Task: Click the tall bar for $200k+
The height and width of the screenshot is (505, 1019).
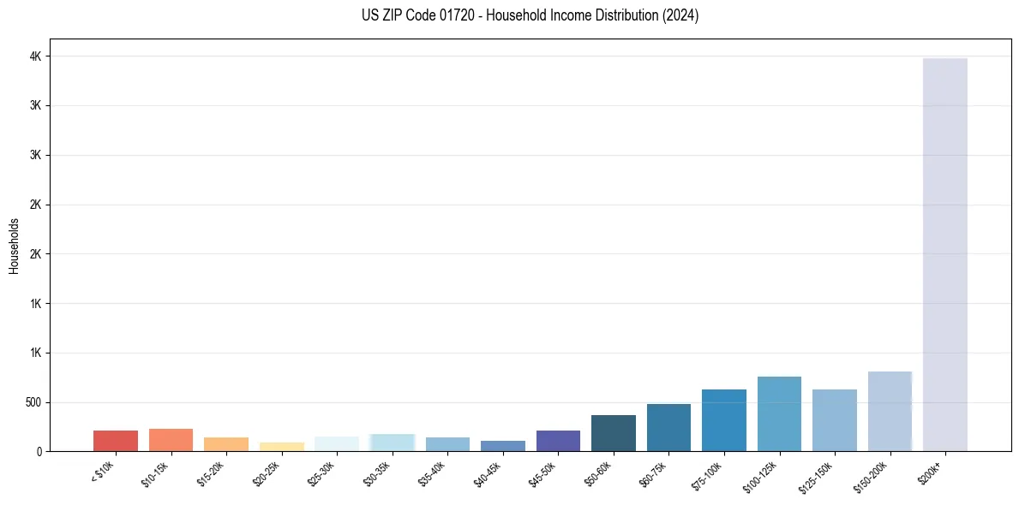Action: click(x=944, y=257)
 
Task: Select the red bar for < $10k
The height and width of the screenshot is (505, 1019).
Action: click(x=116, y=441)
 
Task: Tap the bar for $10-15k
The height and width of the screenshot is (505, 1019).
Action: click(x=171, y=440)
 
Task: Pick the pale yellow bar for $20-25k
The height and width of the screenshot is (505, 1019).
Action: click(x=282, y=447)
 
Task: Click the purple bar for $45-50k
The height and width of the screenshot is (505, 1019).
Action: click(x=558, y=441)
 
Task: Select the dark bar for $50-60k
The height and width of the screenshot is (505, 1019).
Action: click(x=614, y=433)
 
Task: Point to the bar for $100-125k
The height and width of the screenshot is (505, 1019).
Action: click(x=779, y=414)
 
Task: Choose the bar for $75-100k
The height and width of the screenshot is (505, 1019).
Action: click(x=724, y=420)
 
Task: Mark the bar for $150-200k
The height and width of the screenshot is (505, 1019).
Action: click(x=890, y=412)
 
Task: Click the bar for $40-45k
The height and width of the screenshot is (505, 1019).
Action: click(x=503, y=446)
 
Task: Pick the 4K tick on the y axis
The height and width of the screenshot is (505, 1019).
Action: click(x=37, y=56)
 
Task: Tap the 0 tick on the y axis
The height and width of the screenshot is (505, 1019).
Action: click(x=39, y=451)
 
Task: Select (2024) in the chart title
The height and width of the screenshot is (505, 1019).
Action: click(x=680, y=15)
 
